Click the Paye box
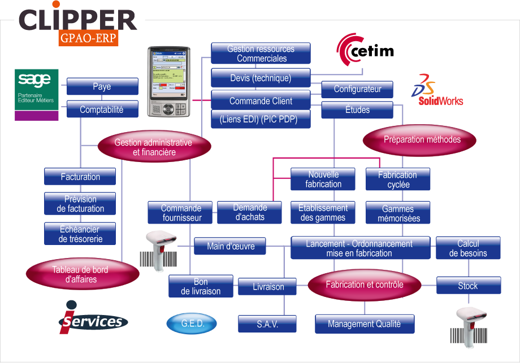click(102, 86)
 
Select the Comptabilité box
click(102, 110)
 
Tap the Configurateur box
click(357, 89)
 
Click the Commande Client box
click(261, 101)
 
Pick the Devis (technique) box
click(261, 78)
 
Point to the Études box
click(357, 110)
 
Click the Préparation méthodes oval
click(422, 139)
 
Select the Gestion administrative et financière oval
click(154, 147)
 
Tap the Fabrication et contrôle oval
click(365, 285)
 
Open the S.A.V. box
click(267, 324)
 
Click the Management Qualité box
click(365, 324)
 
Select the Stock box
click(468, 286)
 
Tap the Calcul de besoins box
click(468, 248)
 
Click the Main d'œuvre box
click(230, 246)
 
